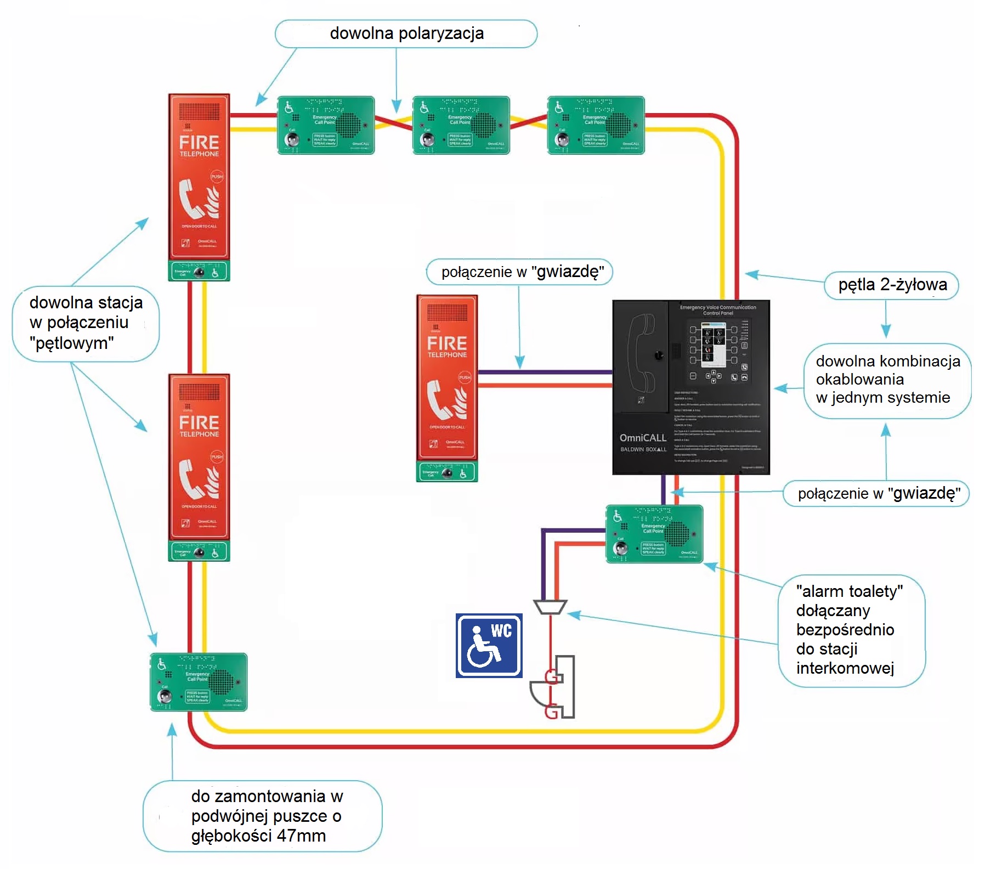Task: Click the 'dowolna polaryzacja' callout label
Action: [x=406, y=33]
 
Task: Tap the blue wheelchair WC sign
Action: [x=489, y=646]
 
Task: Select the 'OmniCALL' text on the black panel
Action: [x=643, y=438]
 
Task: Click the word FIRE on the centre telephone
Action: [x=447, y=343]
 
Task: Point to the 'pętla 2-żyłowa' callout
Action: [x=892, y=285]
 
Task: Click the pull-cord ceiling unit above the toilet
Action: [x=550, y=607]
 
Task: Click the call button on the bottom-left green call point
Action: [x=165, y=696]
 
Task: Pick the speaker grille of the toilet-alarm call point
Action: [x=676, y=532]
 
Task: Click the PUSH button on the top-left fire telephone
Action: [x=217, y=177]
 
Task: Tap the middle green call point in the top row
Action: [x=461, y=125]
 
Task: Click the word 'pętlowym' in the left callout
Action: [x=72, y=343]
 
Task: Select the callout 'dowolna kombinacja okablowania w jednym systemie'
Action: [x=887, y=379]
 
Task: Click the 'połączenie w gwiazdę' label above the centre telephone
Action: [x=519, y=272]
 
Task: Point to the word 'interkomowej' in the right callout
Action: [x=845, y=668]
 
